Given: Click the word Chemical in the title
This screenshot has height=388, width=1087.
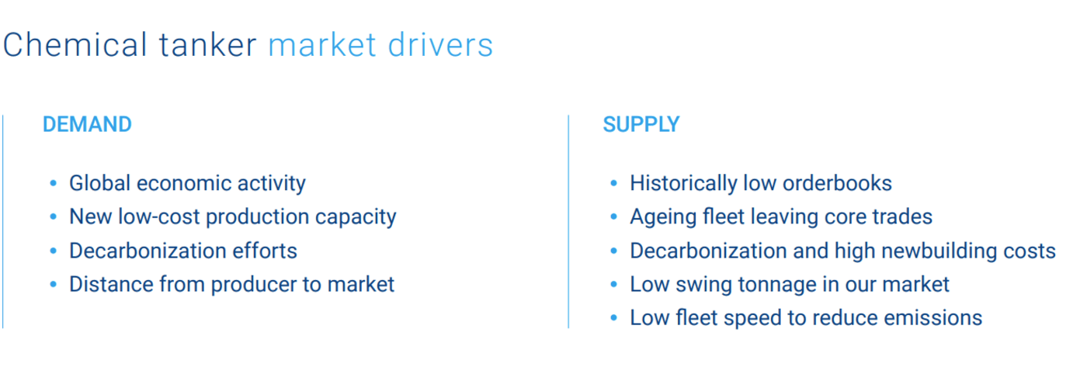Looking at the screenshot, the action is tap(75, 45).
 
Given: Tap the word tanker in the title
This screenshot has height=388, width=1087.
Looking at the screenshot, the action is tap(208, 45).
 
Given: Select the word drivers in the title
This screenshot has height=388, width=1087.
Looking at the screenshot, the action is tap(440, 45).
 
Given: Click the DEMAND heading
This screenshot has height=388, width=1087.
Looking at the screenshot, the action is tap(87, 124).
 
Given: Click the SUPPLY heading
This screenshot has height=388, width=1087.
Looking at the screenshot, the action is tap(641, 124).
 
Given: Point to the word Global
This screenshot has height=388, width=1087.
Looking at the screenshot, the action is tap(100, 183).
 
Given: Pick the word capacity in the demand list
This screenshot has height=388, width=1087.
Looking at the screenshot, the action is tap(356, 217).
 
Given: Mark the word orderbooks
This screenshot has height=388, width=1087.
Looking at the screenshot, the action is tap(837, 183).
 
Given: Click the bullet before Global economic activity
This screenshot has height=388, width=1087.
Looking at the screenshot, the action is tap(54, 183).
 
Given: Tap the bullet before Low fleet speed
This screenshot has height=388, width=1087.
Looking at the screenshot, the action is tap(614, 318).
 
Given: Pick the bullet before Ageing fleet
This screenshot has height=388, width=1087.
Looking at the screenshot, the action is tap(614, 217).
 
